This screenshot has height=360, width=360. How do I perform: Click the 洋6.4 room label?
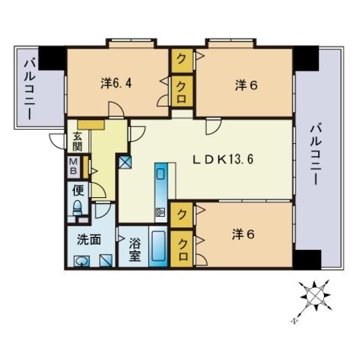coord(116,83)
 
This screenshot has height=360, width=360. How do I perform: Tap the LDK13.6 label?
coord(223,159)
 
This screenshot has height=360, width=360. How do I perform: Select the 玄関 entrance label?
coord(77,142)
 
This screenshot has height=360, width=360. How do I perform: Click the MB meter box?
coord(73,167)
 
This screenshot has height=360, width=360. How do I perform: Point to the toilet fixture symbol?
coord(78,208)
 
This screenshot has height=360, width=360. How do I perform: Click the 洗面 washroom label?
coord(88,239)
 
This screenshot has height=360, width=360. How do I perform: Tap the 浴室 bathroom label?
coord(135,249)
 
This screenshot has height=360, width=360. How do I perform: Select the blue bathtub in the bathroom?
coord(158,247)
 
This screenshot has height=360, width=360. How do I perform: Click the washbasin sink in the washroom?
coord(82,261)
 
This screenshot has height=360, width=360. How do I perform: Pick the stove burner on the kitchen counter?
coord(160,212)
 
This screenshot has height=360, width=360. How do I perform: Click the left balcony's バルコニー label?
coord(30,89)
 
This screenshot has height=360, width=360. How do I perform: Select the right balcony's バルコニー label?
coord(316,154)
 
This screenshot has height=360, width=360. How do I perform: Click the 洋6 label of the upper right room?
coord(246,85)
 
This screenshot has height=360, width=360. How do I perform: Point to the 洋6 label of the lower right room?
coord(243,234)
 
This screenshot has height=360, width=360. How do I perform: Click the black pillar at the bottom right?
coord(307,259)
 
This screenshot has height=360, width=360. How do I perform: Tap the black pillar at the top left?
coord(52,58)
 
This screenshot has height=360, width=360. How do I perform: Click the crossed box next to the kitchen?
coord(124,162)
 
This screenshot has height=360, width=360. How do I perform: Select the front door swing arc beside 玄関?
coord(55,142)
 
